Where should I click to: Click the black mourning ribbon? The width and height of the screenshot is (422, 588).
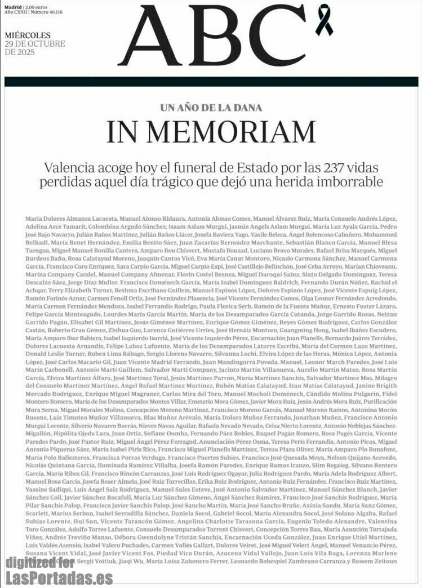point(325,19)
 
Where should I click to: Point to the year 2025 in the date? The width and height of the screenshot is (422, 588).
point(24,52)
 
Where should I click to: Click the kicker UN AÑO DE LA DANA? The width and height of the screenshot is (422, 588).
point(211,108)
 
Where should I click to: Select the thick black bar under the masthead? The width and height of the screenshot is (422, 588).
point(211,82)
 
